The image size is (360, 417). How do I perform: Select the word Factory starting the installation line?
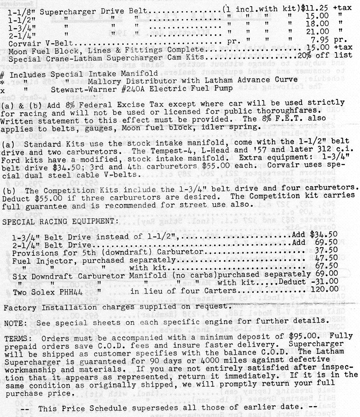[x=18, y=307]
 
